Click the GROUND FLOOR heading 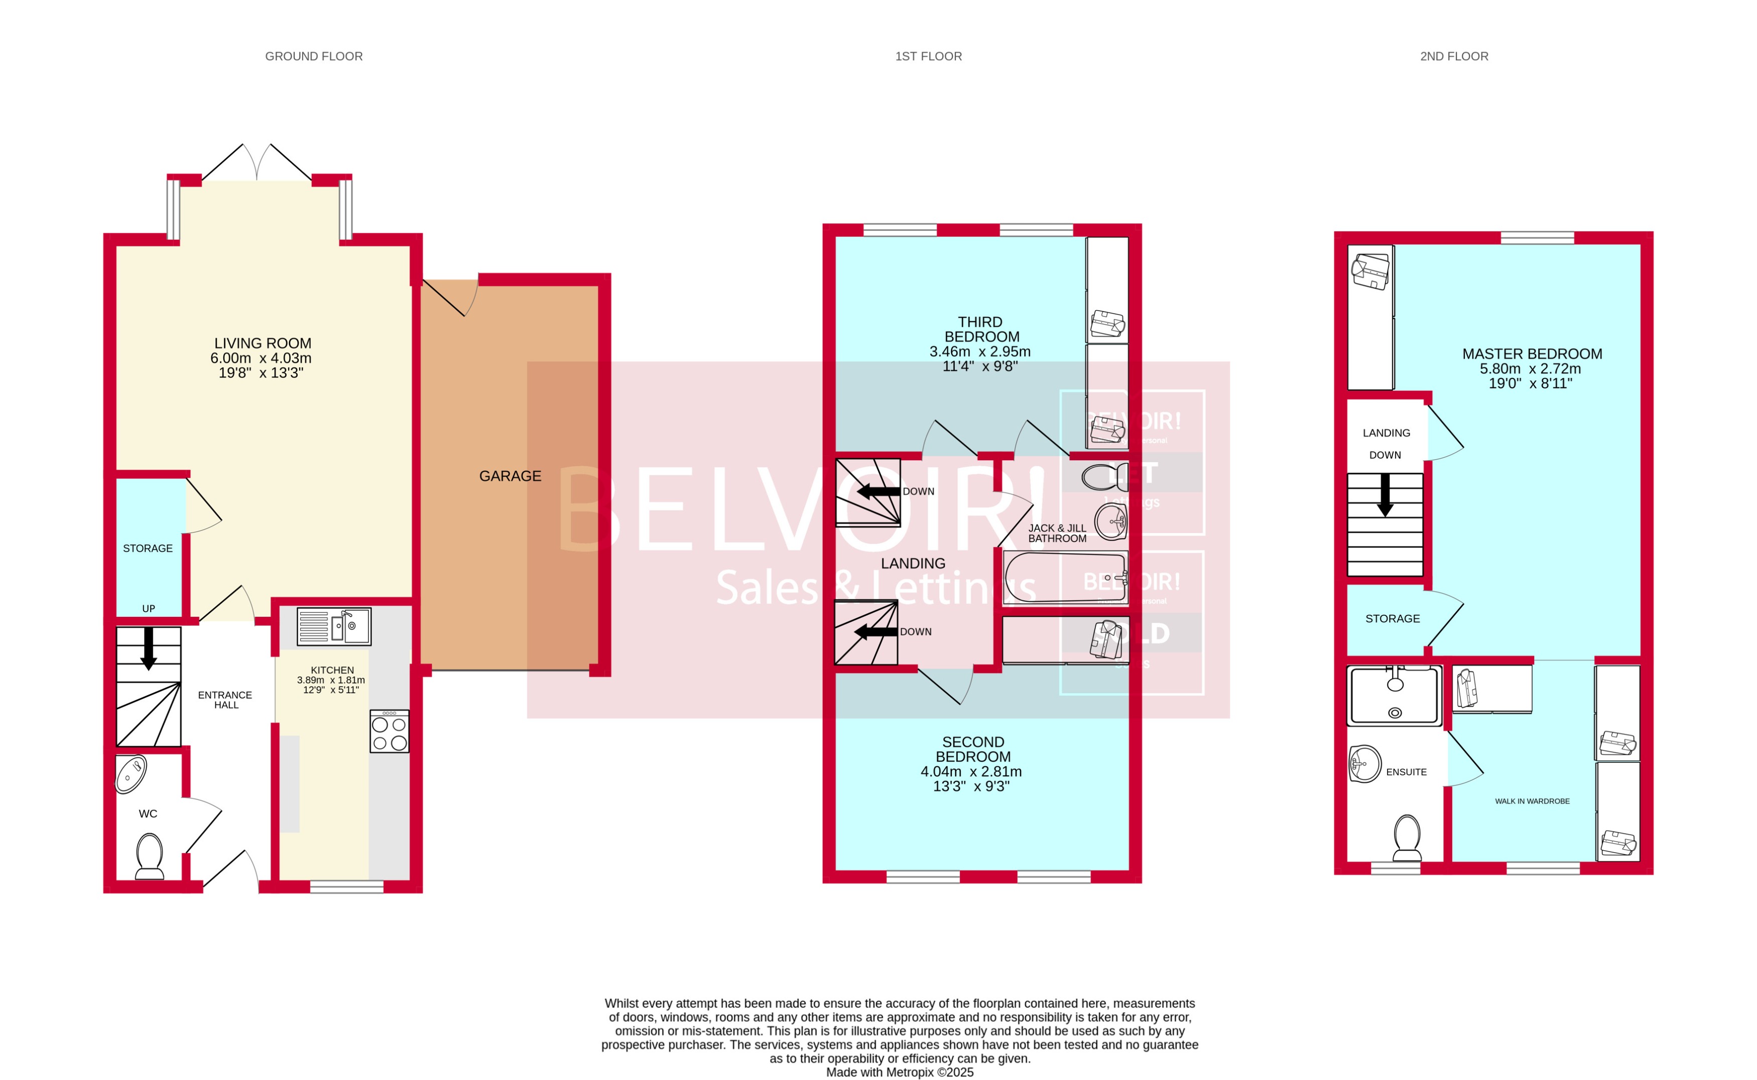click(314, 56)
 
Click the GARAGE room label click(510, 476)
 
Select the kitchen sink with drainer click(334, 626)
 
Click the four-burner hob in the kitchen click(390, 731)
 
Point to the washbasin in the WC click(132, 774)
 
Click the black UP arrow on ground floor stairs click(149, 648)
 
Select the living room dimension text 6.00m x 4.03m click(261, 358)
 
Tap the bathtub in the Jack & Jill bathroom click(1065, 577)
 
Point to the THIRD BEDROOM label click(980, 329)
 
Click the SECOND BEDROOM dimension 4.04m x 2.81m click(971, 771)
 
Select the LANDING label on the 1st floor click(913, 564)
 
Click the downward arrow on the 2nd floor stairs click(1385, 495)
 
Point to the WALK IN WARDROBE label click(1532, 801)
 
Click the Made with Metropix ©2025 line click(900, 1072)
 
